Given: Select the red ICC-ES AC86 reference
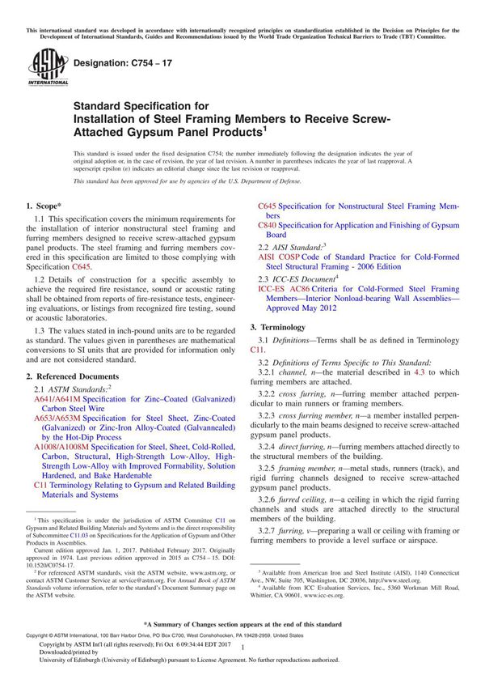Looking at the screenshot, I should (285, 288).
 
